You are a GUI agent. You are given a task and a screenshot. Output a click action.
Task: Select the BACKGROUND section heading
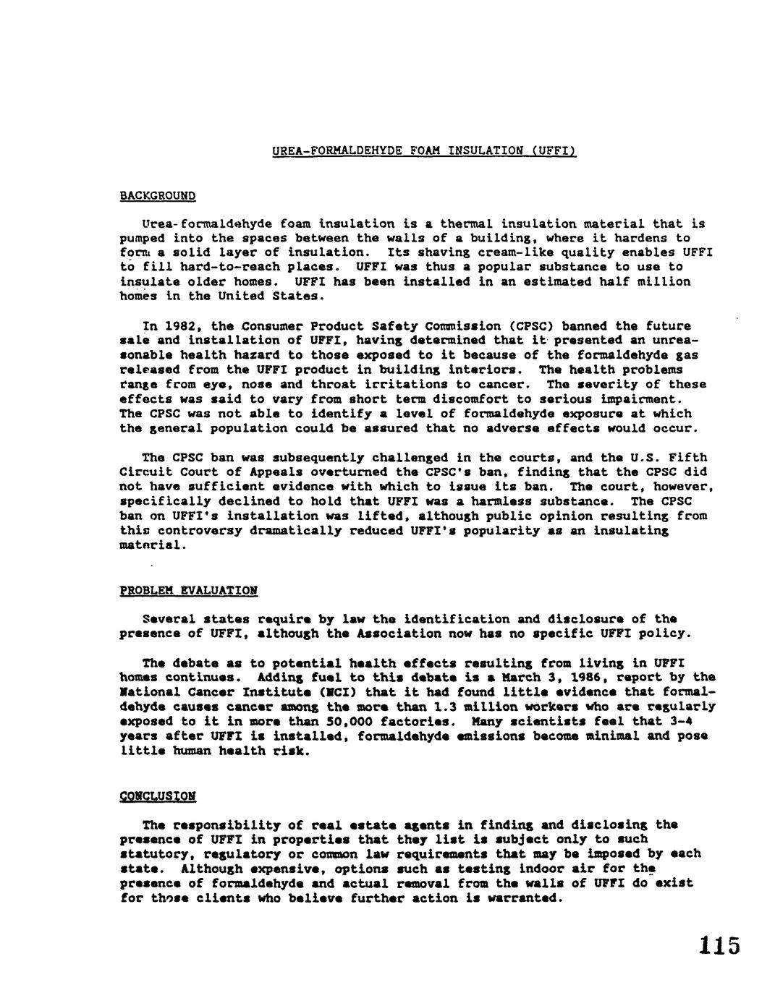click(x=158, y=195)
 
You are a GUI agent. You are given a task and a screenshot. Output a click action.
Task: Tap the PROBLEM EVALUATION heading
click(x=188, y=590)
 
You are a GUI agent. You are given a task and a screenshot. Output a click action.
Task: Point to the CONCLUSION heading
click(x=157, y=796)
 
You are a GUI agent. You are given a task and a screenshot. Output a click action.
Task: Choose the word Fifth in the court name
click(x=688, y=458)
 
